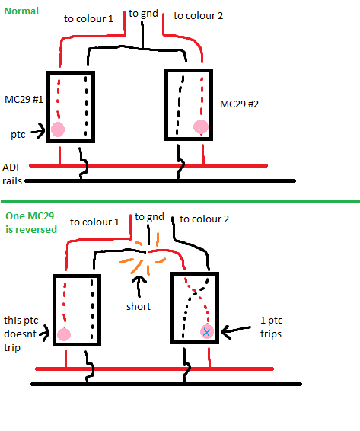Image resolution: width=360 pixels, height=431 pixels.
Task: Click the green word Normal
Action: click(21, 11)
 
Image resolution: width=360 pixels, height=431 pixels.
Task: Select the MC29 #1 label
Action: click(24, 99)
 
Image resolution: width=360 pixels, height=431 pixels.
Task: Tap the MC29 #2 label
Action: click(239, 104)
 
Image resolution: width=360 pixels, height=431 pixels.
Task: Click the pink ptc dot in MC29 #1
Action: click(58, 129)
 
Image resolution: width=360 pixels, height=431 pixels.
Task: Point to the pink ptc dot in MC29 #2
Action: click(201, 127)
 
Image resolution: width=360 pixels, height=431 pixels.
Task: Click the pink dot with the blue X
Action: click(207, 332)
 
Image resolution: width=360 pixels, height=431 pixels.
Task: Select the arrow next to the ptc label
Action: click(38, 132)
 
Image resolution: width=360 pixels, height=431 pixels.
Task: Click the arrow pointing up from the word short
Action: click(139, 286)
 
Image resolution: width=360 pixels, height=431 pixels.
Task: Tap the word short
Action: click(139, 306)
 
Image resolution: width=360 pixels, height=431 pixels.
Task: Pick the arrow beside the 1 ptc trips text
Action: click(236, 331)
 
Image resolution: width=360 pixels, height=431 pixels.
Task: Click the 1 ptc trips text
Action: click(271, 327)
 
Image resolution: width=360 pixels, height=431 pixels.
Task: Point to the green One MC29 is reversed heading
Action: click(31, 222)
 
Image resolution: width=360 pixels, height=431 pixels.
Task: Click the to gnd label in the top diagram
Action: click(143, 14)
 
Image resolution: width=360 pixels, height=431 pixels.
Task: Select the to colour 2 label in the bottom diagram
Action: click(204, 219)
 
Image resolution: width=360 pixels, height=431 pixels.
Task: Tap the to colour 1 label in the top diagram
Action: click(88, 19)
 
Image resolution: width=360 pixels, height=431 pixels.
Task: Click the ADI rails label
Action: click(12, 174)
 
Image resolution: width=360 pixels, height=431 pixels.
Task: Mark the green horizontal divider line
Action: click(180, 202)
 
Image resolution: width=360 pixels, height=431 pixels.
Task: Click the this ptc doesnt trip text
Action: click(21, 334)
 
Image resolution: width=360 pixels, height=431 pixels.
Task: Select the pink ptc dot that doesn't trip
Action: click(64, 334)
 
